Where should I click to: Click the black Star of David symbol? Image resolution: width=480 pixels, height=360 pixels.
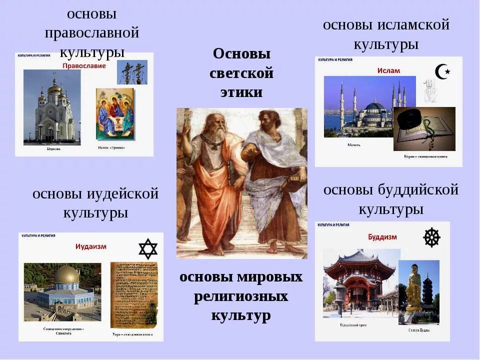(147, 249)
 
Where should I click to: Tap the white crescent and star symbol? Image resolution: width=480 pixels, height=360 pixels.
(442, 72)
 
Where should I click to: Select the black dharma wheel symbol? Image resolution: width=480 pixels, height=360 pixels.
(431, 237)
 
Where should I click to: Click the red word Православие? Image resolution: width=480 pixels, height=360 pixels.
(84, 65)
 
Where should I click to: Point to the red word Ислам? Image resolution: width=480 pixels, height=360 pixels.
(388, 70)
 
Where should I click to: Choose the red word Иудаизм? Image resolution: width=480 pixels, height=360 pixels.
(90, 246)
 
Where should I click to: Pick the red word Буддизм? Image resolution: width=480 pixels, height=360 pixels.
(382, 236)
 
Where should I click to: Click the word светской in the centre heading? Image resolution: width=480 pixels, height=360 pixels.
(241, 73)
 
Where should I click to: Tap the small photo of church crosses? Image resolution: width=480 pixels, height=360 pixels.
(132, 72)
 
